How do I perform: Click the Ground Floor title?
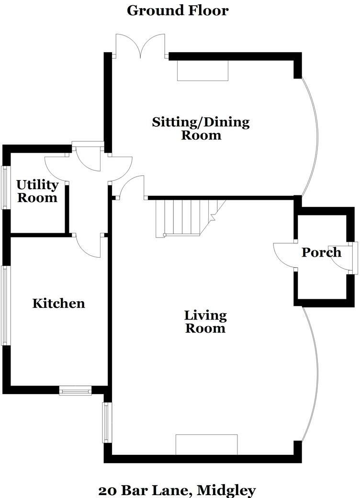tap(178, 10)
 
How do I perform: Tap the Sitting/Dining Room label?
tap(201, 128)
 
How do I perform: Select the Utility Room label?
tap(37, 191)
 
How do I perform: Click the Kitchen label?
tap(58, 303)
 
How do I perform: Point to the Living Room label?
tap(205, 322)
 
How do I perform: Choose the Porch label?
tap(321, 252)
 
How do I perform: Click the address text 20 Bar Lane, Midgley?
tap(177, 490)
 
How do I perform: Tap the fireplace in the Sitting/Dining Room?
tap(202, 70)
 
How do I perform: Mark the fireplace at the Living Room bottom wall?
tap(206, 444)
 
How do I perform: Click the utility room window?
tap(6, 187)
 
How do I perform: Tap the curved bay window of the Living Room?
tap(314, 373)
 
